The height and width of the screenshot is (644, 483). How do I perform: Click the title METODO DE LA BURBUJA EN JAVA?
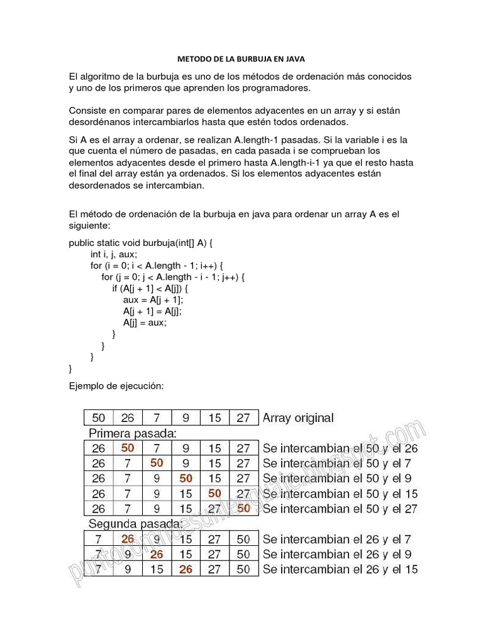[x=241, y=58]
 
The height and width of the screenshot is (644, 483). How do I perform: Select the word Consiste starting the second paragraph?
[x=87, y=111]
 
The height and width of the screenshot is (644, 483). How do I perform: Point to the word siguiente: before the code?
[x=89, y=225]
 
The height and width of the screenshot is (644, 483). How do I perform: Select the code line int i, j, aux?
[x=113, y=254]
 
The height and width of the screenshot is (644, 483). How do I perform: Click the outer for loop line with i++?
[x=157, y=265]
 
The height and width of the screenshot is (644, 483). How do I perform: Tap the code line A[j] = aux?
[x=145, y=322]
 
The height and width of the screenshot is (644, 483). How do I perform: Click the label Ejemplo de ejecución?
[x=116, y=386]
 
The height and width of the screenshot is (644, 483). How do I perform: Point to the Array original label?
[x=298, y=418]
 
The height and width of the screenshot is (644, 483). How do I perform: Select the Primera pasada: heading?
[x=133, y=433]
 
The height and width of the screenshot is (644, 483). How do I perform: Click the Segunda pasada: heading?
[x=136, y=524]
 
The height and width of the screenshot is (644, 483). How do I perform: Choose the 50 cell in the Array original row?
[x=99, y=418]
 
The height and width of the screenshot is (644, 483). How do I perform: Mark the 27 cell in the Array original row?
[x=243, y=418]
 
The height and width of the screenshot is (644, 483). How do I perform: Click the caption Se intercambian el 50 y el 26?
[x=340, y=448]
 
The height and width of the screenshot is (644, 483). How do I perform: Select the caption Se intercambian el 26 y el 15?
[x=340, y=569]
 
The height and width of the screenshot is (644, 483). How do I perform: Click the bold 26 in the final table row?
[x=186, y=569]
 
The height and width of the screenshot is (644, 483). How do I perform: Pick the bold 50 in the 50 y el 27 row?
[x=244, y=508]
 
